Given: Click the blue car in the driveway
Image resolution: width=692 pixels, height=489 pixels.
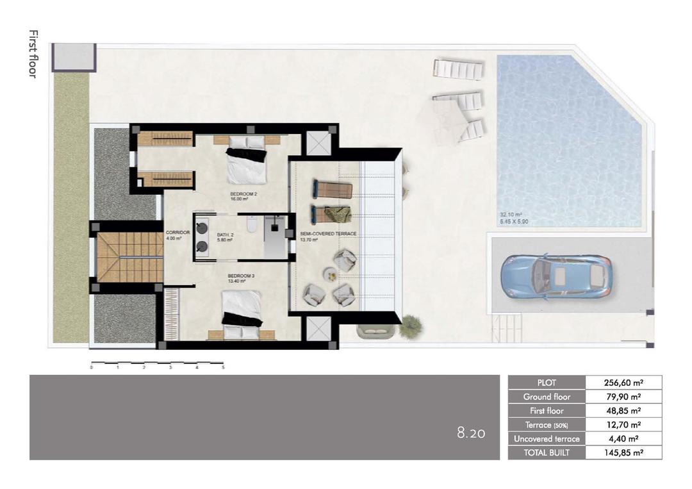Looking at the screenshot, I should pos(556,276).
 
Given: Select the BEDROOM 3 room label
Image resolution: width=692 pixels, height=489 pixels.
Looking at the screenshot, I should pos(237,276).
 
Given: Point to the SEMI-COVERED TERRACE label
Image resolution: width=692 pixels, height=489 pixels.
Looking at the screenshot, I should pos(328,234).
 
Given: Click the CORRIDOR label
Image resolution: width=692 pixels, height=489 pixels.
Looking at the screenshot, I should pos(177,233).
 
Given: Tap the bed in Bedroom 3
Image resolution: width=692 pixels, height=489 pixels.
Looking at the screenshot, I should pos(242,312).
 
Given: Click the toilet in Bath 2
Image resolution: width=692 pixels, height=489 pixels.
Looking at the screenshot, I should pos(252,226).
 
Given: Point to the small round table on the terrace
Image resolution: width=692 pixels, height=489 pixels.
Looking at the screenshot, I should pos(330,276).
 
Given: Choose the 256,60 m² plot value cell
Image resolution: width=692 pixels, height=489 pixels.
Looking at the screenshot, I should pos(623,383).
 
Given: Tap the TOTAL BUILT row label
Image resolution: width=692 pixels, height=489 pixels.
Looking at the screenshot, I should pos(547,452).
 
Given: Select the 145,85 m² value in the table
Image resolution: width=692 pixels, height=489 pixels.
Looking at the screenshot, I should pos(623,452).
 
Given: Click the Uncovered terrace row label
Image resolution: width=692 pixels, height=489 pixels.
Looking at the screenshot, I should pos(547,438).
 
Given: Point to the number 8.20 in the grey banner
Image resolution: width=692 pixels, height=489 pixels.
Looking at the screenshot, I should pos(470,433).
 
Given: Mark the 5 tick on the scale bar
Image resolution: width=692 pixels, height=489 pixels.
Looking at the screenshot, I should pos(223,368).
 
